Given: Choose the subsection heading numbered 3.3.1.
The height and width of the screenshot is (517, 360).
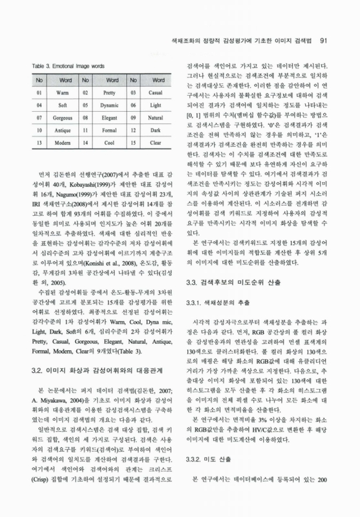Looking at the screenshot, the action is (x=220, y=303).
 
